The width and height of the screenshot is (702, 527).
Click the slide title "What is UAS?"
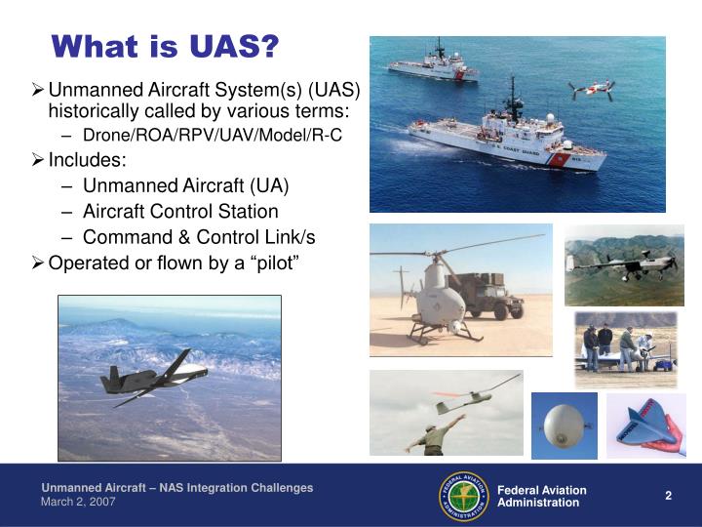click(x=165, y=46)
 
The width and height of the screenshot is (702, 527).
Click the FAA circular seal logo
click(x=463, y=495)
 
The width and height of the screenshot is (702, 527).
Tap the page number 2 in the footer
click(x=668, y=495)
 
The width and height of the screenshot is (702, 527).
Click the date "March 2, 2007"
click(x=78, y=502)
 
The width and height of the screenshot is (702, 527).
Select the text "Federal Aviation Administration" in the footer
click(x=541, y=496)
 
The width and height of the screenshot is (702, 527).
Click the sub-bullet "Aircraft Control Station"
click(x=180, y=211)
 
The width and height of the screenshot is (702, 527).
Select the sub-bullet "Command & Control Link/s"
click(x=199, y=237)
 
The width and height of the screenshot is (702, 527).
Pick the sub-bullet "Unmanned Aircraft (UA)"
click(x=185, y=185)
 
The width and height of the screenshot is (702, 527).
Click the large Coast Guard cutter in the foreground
click(x=507, y=137)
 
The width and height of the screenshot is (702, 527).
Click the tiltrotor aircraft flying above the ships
click(x=592, y=90)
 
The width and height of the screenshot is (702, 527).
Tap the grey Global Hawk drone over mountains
click(x=156, y=375)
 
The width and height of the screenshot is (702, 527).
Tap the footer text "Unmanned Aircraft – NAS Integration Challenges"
click(x=176, y=488)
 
